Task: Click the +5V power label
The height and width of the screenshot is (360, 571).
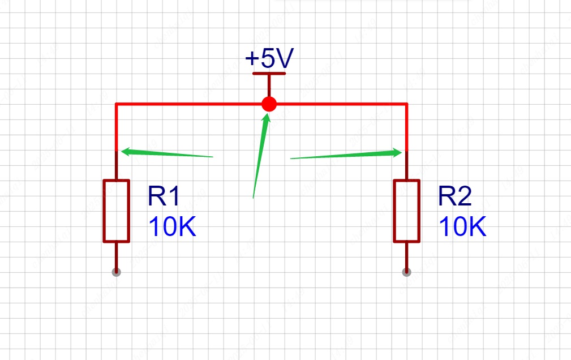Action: [269, 59]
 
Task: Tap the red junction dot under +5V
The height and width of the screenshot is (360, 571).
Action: [269, 104]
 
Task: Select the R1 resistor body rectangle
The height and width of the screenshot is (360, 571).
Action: [116, 211]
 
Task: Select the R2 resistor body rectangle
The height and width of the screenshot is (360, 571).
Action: [406, 211]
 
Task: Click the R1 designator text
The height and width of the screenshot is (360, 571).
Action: [164, 197]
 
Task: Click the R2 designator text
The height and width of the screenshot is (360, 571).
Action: [454, 197]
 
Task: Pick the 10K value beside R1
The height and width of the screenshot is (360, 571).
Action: [172, 227]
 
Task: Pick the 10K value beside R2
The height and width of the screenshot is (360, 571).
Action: [462, 227]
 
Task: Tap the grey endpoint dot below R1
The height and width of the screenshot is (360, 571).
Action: [116, 272]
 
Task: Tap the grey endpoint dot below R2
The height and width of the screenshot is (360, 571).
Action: [406, 272]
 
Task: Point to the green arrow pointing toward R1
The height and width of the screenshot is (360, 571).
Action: [167, 153]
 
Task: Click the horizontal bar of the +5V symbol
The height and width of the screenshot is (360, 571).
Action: [269, 73]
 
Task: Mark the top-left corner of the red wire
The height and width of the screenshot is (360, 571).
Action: [116, 104]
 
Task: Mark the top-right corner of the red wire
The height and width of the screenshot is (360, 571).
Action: [406, 104]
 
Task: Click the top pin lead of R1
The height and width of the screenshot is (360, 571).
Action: [116, 166]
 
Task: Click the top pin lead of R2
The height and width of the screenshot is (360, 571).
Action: [406, 166]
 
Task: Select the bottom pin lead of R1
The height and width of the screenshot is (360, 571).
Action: [116, 256]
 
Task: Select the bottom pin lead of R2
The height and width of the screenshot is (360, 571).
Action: [406, 256]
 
